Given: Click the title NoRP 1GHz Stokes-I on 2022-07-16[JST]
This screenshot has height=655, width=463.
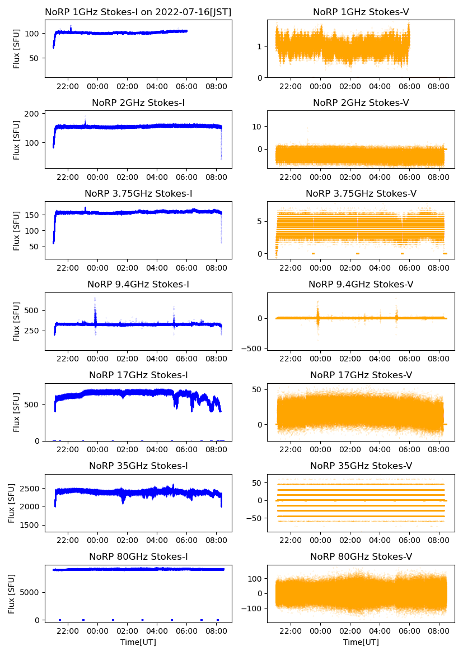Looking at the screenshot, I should (138, 12).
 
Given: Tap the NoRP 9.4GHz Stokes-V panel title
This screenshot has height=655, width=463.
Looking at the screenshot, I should (361, 285).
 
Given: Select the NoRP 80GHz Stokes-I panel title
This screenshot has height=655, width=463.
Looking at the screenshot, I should (138, 556).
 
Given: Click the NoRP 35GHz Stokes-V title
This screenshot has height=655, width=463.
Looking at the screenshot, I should (361, 466).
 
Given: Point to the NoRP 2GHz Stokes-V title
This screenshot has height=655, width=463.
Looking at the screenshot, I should (361, 103).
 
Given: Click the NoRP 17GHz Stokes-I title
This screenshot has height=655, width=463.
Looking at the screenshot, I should (138, 375).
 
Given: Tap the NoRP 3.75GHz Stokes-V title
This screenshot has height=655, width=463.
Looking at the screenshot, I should (361, 194).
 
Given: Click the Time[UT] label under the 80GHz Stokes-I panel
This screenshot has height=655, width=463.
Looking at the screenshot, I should (138, 642).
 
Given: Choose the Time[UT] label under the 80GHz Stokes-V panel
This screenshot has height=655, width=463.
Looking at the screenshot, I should (361, 642).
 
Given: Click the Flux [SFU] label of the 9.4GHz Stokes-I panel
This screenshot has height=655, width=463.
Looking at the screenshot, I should (17, 322).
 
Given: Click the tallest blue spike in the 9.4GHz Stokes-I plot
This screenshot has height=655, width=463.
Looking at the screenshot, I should (95, 299).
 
